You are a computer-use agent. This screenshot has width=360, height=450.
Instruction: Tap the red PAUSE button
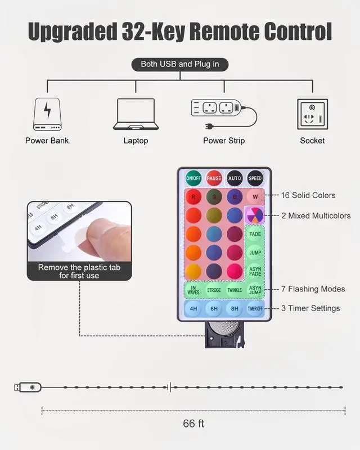[214, 178]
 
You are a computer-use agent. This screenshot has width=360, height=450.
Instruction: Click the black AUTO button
[235, 178]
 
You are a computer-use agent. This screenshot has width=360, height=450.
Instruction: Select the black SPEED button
[255, 178]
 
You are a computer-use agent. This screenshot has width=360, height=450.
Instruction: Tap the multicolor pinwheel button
[255, 215]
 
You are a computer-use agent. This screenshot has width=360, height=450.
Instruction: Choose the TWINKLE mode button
[235, 290]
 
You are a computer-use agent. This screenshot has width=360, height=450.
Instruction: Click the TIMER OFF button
[255, 308]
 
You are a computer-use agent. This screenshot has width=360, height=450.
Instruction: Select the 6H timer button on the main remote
[214, 308]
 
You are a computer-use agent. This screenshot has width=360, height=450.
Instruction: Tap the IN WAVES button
[193, 290]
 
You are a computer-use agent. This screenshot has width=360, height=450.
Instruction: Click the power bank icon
[47, 114]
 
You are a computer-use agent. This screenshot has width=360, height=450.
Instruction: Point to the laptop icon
[136, 114]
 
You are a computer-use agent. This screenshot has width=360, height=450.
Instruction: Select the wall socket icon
[313, 114]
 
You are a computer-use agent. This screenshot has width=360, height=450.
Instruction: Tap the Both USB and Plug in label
[180, 64]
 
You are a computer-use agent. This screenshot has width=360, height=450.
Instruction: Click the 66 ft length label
[193, 424]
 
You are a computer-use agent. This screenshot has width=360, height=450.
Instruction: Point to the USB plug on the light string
[28, 388]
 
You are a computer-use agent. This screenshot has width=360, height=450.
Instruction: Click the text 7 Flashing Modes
[313, 289]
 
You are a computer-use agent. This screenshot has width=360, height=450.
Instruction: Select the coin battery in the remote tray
[224, 327]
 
